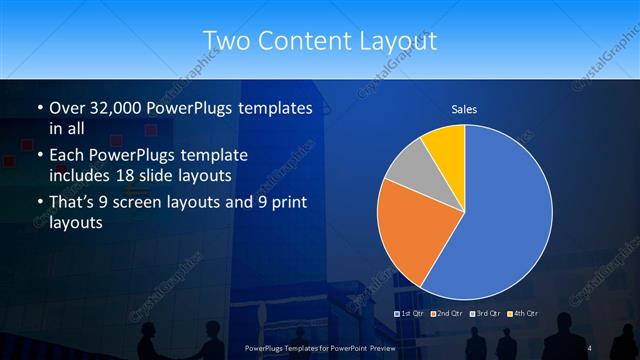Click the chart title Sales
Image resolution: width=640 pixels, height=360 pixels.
tap(464, 108)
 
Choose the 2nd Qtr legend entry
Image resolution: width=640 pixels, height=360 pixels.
tap(446, 314)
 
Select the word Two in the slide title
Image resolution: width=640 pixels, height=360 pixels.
tap(225, 41)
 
